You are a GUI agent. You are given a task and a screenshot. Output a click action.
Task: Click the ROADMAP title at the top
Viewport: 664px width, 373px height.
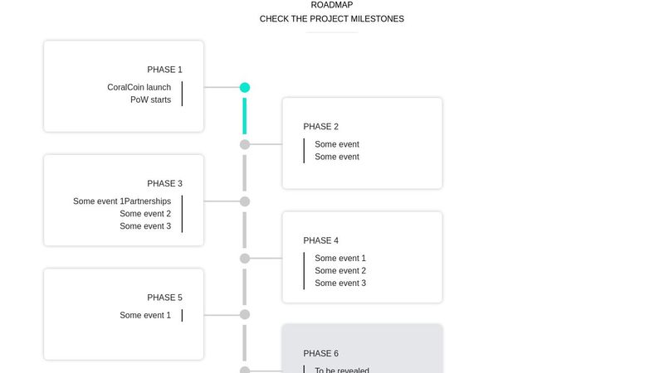point(331,5)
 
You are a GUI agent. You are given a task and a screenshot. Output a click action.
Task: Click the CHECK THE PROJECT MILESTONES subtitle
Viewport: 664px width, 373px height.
point(331,19)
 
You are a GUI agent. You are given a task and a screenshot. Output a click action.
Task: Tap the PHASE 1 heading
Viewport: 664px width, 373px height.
point(164,70)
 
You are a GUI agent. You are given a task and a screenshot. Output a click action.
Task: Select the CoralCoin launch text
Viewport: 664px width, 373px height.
point(139,87)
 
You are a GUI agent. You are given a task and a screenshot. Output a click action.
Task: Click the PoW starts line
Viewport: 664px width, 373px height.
point(150,99)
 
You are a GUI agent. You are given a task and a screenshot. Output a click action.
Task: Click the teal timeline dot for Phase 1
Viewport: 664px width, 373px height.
point(245,87)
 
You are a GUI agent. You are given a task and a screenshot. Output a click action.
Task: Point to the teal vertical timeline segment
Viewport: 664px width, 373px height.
point(245,115)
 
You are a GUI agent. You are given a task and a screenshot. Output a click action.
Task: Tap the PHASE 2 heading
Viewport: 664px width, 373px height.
point(320,127)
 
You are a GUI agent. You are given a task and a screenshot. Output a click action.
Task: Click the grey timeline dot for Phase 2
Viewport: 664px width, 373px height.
point(245,144)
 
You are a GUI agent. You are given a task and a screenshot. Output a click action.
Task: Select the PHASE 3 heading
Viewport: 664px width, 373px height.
point(164,183)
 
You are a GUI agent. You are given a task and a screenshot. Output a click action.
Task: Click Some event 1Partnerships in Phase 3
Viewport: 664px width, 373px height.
point(122,201)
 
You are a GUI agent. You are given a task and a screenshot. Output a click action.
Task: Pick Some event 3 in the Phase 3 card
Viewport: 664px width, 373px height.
point(145,226)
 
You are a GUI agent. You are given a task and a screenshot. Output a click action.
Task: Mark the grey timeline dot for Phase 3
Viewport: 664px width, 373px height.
point(245,201)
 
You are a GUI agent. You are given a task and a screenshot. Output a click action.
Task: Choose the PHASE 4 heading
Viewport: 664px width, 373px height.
point(320,240)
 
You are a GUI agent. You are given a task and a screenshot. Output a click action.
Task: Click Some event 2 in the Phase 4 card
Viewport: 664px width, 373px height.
point(340,270)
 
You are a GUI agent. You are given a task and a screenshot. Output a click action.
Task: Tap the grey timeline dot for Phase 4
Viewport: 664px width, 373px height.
point(245,259)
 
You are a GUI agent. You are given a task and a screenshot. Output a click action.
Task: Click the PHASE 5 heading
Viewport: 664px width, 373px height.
point(164,298)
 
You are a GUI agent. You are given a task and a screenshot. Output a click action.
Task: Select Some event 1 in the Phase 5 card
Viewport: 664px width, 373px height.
point(145,315)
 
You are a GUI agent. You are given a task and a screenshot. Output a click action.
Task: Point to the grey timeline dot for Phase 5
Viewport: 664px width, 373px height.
point(245,314)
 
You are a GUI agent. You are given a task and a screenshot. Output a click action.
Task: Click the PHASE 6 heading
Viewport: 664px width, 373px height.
point(320,354)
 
